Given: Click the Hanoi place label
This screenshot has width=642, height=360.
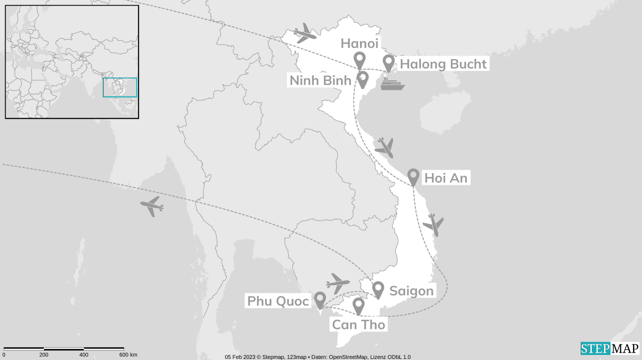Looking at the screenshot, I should click(x=359, y=44).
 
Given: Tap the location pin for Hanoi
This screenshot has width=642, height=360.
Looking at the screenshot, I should click(x=360, y=59).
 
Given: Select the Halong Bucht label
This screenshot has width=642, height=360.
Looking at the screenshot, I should click(x=443, y=64).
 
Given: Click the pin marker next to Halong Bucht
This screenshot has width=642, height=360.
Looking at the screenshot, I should click(x=388, y=63).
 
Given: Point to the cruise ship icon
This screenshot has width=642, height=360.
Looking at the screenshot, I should click(x=392, y=84).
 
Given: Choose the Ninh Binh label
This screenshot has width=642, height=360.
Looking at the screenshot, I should click(x=320, y=80).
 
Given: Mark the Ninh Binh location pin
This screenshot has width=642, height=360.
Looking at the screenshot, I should click(x=362, y=79).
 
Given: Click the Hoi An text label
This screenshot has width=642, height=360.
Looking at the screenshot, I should click(x=445, y=179).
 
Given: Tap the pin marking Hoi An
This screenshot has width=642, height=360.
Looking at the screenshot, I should click(x=413, y=176).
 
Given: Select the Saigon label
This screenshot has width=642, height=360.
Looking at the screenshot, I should click(x=411, y=291).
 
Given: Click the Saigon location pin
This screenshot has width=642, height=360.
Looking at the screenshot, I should click(x=378, y=289).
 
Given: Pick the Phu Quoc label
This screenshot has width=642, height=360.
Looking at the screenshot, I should click(x=278, y=301).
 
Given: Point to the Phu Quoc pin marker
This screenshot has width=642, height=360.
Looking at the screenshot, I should click(x=320, y=300).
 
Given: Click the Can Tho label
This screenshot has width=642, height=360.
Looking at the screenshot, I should click(x=358, y=324).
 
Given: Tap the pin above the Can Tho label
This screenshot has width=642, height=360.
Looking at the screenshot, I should click(x=358, y=305).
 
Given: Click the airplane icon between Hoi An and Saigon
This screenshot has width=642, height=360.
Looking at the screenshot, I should click(x=433, y=224).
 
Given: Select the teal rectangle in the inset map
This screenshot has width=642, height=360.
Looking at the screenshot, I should click(x=120, y=88).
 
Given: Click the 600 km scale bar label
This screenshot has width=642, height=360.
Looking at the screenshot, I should click(x=128, y=355).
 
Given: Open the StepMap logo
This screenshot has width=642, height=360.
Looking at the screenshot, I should click(x=610, y=348).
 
